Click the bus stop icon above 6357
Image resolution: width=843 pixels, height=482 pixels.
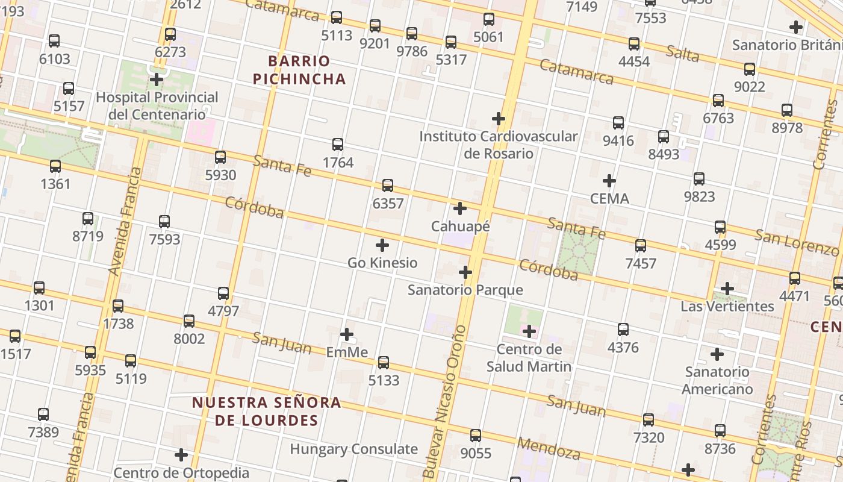pyautogui.click(x=388, y=186)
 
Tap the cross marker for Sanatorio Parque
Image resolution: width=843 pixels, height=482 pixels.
pyautogui.click(x=465, y=272)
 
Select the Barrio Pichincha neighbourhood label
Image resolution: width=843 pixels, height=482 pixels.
pyautogui.click(x=299, y=70)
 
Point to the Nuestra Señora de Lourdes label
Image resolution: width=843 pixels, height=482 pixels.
pyautogui.click(x=267, y=412)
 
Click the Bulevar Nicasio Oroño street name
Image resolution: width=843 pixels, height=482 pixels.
pyautogui.click(x=446, y=402)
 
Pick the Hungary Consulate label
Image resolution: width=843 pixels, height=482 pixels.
pyautogui.click(x=353, y=449)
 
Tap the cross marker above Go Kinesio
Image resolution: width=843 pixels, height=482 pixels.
pyautogui.click(x=382, y=245)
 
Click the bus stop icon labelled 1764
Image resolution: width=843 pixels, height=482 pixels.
pyautogui.click(x=338, y=145)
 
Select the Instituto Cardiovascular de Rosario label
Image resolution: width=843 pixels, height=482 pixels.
pyautogui.click(x=499, y=145)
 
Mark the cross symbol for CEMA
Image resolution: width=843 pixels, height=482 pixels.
pyautogui.click(x=609, y=181)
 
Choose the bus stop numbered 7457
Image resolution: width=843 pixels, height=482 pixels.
pyautogui.click(x=641, y=246)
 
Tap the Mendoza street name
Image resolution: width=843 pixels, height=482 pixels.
pyautogui.click(x=548, y=449)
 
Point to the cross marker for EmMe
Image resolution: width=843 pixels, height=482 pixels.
pyautogui.click(x=347, y=334)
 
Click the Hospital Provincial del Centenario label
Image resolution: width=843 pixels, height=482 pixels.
pyautogui.click(x=157, y=105)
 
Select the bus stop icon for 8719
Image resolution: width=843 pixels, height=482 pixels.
pyautogui.click(x=88, y=219)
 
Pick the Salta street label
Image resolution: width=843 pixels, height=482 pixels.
pyautogui.click(x=683, y=54)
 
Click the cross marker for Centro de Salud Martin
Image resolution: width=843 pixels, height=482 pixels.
pyautogui.click(x=529, y=331)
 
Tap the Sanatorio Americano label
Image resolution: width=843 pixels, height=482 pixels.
pyautogui.click(x=717, y=380)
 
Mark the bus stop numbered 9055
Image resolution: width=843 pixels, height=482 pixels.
pyautogui.click(x=476, y=436)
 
